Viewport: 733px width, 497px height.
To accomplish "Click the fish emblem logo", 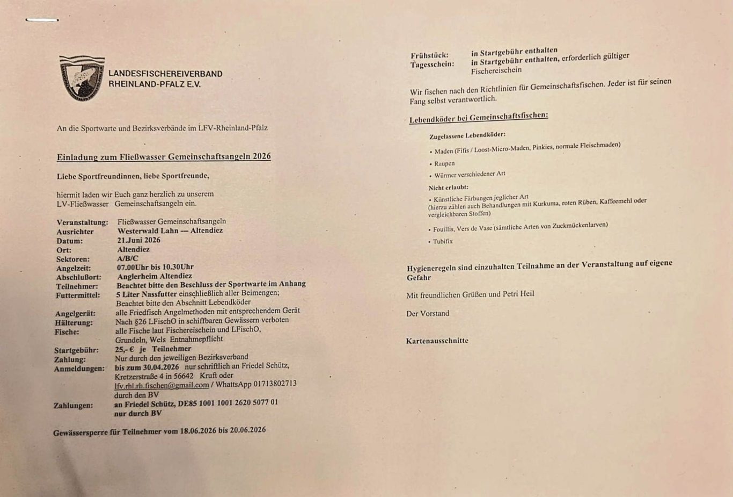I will [82, 78].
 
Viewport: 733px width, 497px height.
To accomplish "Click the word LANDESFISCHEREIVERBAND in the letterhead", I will [165, 74].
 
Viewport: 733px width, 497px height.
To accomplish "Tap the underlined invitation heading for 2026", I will [164, 156].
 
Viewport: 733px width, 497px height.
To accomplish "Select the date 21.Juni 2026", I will [139, 240].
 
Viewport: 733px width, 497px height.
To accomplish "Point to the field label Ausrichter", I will [75, 232].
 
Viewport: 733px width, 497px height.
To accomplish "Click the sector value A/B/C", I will [128, 258].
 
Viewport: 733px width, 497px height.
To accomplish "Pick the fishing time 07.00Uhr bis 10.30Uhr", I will [155, 267].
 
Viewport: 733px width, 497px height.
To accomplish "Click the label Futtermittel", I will [77, 296].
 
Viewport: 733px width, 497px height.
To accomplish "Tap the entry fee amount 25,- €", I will [124, 349].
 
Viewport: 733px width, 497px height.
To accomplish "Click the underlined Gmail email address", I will [162, 385].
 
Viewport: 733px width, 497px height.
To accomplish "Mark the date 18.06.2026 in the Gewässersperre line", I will [197, 430].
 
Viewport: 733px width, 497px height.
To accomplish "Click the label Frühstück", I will [429, 55].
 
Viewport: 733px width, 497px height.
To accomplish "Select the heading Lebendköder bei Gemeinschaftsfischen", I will [479, 118].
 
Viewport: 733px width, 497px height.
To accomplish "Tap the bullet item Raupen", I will [444, 163].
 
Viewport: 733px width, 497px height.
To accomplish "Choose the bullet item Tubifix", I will [443, 241].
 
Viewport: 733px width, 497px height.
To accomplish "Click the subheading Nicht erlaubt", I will [448, 188].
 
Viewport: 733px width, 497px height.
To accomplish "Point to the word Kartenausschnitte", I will [437, 341].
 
